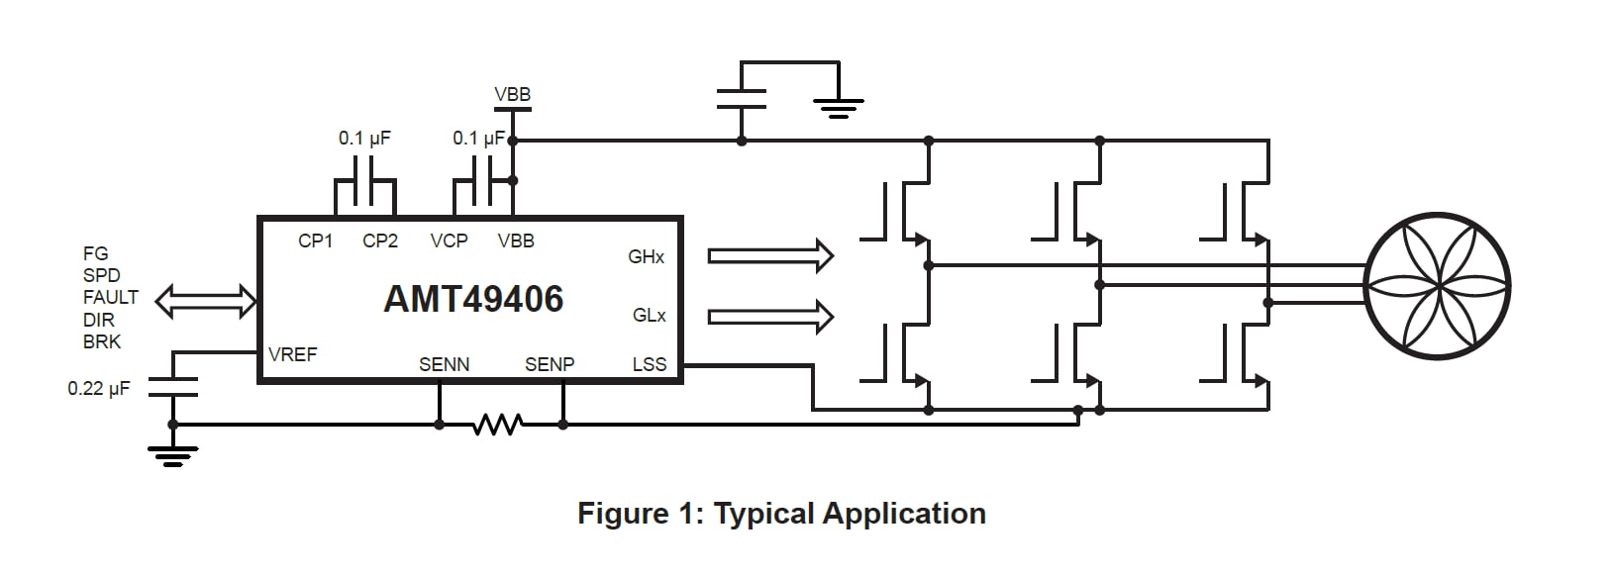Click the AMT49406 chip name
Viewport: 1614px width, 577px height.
[473, 299]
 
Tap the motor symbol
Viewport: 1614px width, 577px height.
[1438, 284]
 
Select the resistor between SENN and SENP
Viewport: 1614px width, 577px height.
[498, 425]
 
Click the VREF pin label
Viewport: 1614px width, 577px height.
[293, 354]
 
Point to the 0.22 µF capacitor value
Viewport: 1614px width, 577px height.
[99, 389]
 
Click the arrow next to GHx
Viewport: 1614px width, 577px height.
[770, 255]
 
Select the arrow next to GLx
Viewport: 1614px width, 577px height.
[770, 316]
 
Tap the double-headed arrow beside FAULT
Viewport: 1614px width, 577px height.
[205, 301]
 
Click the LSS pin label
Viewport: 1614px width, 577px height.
[650, 364]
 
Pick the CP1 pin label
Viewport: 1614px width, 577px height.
[316, 240]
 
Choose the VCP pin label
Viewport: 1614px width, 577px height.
[450, 240]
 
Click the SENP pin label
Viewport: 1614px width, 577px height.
[550, 364]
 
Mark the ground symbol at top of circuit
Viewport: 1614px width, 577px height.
[839, 104]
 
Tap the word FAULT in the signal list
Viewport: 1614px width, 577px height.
[111, 297]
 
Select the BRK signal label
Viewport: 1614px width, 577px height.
[102, 341]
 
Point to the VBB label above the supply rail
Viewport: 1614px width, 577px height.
[513, 94]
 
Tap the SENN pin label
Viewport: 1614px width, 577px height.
[445, 364]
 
